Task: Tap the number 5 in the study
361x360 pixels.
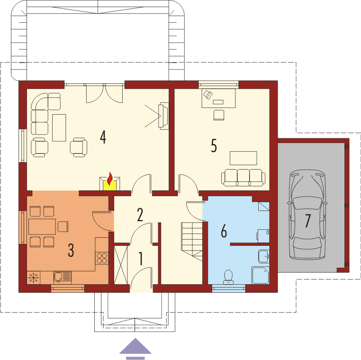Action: click(214, 145)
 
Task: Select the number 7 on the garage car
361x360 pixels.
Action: click(307, 221)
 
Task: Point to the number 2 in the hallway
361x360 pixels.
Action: click(140, 215)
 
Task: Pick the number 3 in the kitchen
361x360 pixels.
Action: click(71, 250)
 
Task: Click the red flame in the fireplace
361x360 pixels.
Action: click(110, 180)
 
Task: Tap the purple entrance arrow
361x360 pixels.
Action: click(135, 347)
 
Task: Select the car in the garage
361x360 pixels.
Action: click(307, 216)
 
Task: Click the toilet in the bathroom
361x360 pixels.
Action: click(228, 276)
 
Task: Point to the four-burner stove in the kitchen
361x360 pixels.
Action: click(102, 258)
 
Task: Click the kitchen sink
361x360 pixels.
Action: click(62, 276)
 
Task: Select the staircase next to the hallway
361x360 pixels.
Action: click(192, 240)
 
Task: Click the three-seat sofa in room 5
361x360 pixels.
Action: click(243, 177)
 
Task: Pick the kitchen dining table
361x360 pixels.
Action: click(41, 227)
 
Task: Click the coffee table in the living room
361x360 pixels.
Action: click(59, 127)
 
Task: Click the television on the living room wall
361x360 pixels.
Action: click(163, 116)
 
